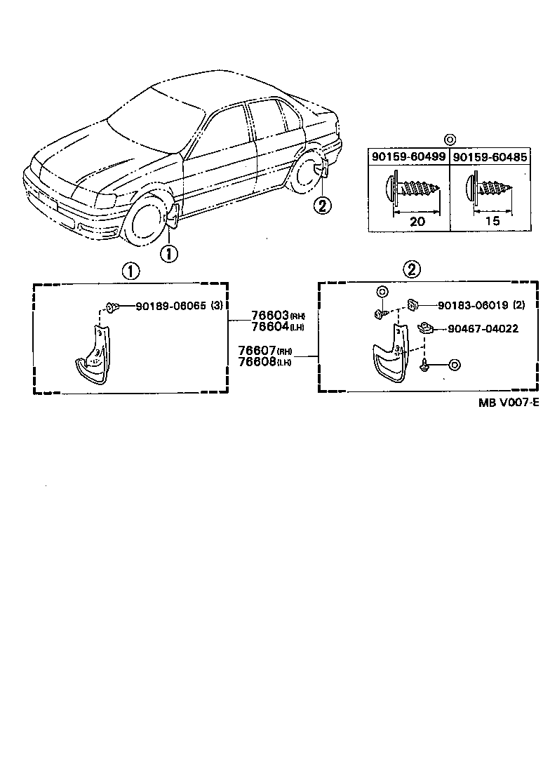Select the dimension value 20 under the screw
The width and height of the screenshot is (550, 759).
click(417, 222)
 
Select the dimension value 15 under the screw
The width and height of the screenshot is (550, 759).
click(493, 222)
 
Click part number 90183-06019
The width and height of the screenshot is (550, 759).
click(472, 305)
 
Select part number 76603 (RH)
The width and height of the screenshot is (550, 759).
click(262, 316)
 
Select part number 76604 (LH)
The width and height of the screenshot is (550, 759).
click(262, 327)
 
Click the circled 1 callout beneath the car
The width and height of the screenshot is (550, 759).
click(170, 253)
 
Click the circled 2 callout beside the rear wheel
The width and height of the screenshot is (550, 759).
click(322, 206)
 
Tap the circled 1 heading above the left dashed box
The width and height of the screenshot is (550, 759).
click(130, 271)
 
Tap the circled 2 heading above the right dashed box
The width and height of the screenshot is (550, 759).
click(412, 269)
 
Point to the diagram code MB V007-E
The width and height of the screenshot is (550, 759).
click(509, 402)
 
